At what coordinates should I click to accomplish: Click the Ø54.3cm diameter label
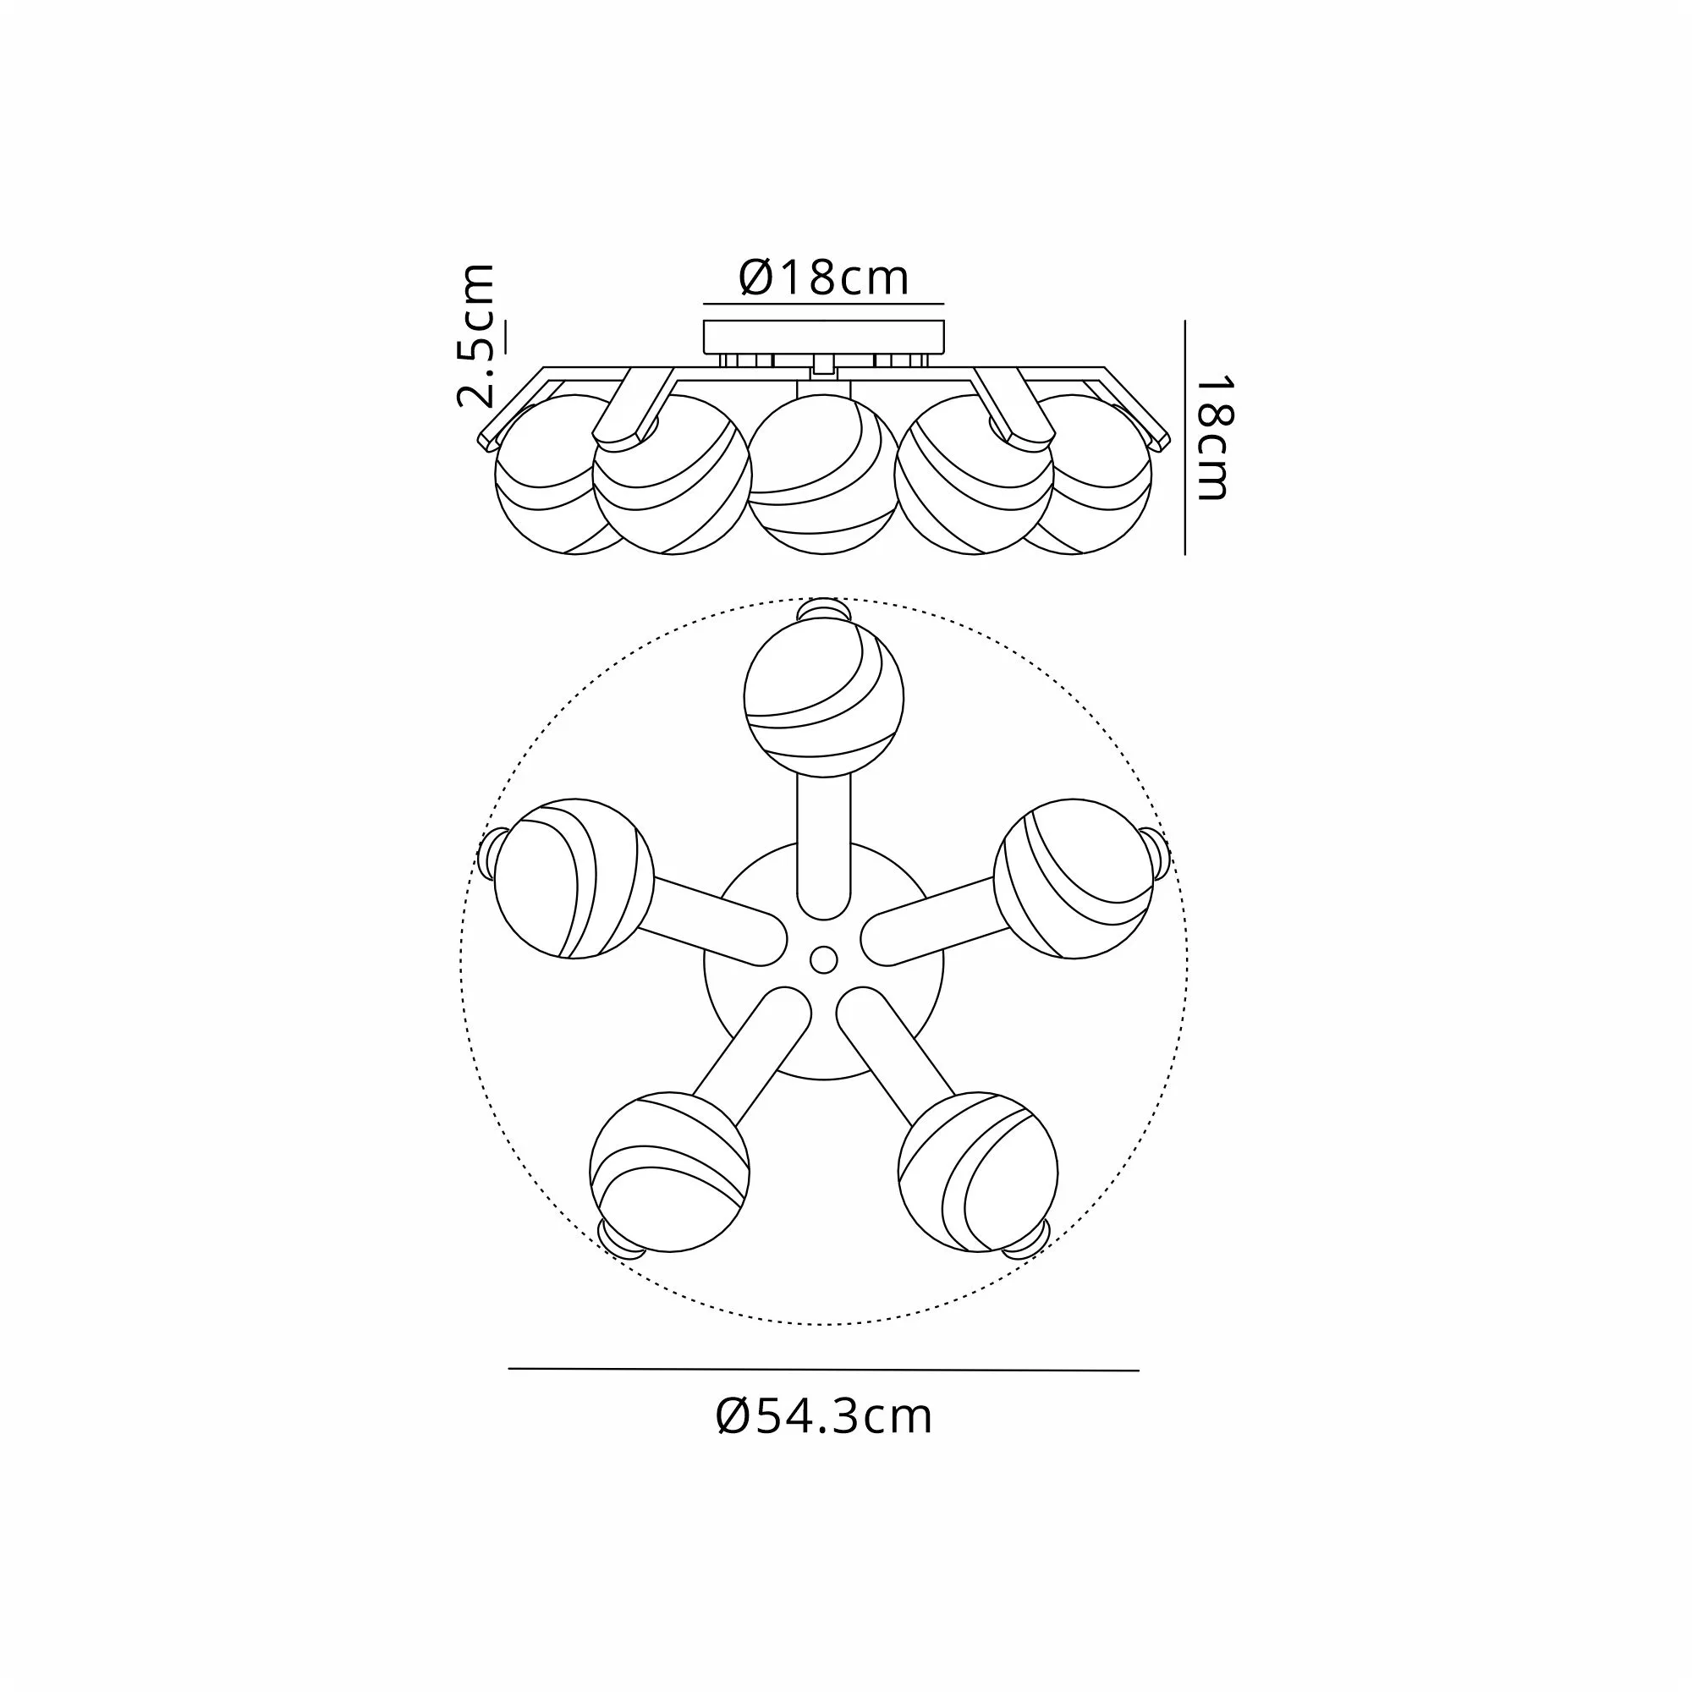tap(824, 1417)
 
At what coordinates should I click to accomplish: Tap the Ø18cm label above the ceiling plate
tap(824, 277)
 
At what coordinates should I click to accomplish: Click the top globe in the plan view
tap(823, 698)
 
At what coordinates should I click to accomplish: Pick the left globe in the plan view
tap(574, 878)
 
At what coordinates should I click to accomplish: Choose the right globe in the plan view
tap(1074, 878)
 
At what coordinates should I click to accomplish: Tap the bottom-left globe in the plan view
tap(670, 1172)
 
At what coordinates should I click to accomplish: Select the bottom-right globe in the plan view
tap(978, 1172)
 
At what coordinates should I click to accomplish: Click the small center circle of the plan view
tap(823, 960)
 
